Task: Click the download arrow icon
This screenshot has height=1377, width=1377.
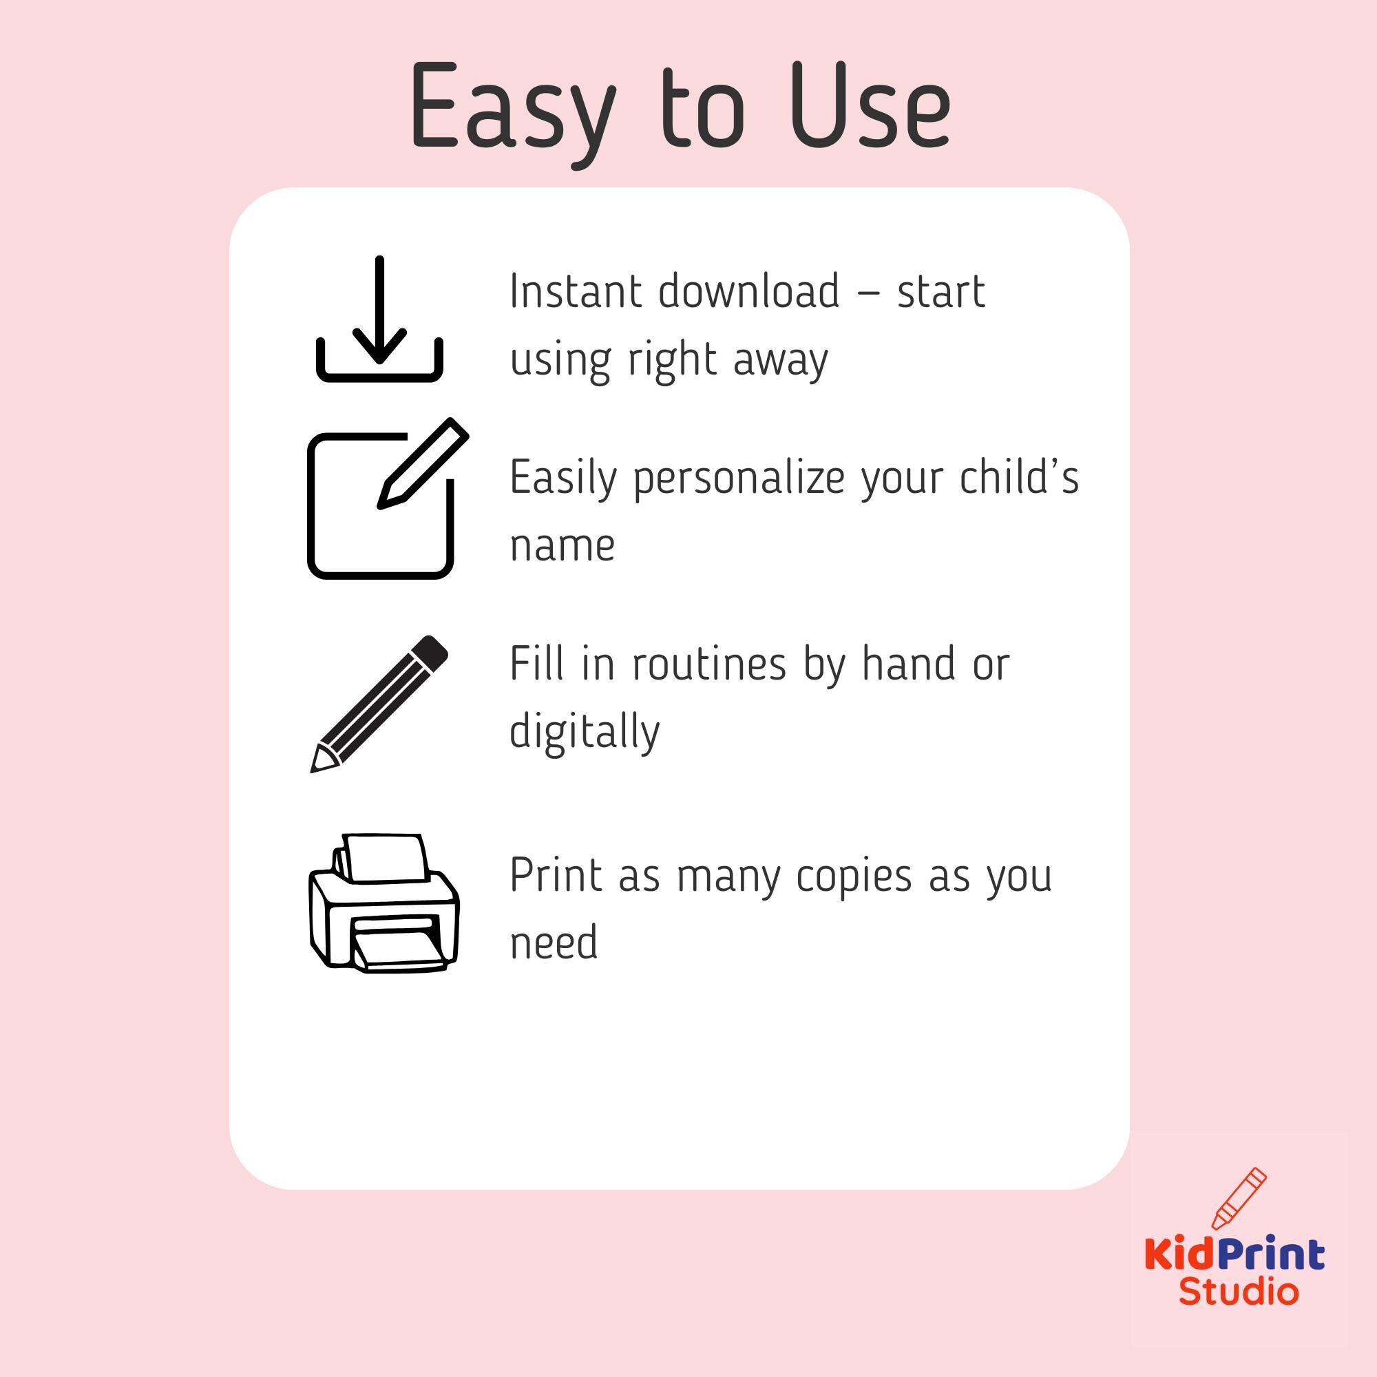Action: point(379,319)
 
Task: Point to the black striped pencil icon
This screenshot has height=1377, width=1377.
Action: point(379,704)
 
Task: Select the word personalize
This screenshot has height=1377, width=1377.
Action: point(738,480)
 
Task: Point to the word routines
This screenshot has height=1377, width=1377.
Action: point(709,664)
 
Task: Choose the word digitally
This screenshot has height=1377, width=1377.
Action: point(585,731)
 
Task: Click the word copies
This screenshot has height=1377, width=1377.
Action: point(854,877)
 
